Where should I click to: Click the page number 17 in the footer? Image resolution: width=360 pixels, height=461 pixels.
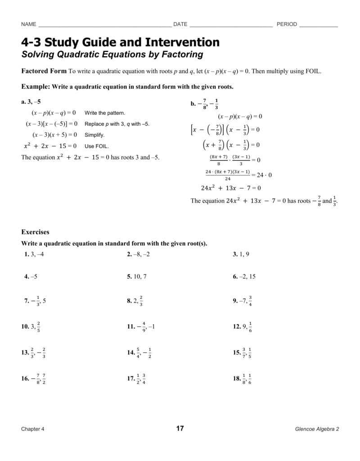(x=180, y=429)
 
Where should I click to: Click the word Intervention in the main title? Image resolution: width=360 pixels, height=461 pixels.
(x=182, y=42)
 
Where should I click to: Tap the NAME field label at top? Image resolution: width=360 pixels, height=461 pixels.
(x=28, y=24)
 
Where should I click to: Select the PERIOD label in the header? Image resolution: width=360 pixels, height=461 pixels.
(x=287, y=24)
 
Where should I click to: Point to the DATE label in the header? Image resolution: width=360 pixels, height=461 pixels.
(x=180, y=24)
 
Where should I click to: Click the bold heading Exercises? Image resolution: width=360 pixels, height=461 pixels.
(x=36, y=232)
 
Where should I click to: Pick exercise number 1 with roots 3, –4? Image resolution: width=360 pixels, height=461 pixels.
(x=34, y=254)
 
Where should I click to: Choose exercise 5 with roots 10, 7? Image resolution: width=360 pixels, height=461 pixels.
(x=137, y=276)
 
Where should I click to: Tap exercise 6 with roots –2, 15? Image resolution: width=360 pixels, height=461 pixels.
(x=244, y=276)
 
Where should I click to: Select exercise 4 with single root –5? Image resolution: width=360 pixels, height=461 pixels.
(x=31, y=276)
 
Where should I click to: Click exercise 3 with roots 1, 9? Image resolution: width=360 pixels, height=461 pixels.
(x=241, y=254)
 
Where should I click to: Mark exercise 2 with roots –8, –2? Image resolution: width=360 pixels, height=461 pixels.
(x=138, y=254)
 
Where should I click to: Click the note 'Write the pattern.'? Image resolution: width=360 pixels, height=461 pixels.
(x=105, y=113)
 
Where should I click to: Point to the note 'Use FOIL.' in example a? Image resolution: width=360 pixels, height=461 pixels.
(x=96, y=146)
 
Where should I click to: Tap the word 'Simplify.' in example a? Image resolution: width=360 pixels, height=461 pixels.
(x=94, y=135)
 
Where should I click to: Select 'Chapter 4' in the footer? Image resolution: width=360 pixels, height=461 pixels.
(x=33, y=429)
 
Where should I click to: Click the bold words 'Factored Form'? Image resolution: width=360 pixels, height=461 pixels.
(x=44, y=71)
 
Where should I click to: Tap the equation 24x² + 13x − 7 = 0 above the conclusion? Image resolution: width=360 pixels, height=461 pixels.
(x=230, y=188)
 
